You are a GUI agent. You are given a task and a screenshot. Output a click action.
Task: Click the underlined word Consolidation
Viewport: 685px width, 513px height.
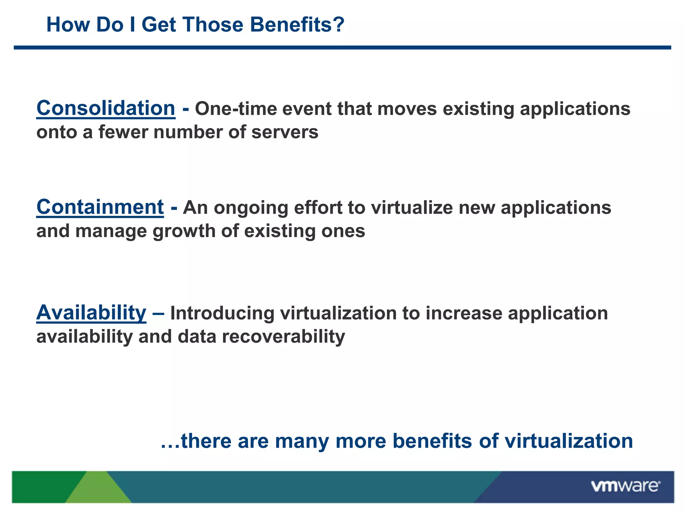coord(106,109)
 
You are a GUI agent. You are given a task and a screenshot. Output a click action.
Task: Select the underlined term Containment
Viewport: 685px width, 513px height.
coord(100,207)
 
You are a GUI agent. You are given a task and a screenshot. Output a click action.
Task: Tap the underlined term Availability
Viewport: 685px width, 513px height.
coord(91,313)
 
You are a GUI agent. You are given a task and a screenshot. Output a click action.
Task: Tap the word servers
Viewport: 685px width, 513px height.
coord(285,132)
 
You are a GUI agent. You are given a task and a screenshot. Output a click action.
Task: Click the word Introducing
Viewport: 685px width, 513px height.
coord(222,313)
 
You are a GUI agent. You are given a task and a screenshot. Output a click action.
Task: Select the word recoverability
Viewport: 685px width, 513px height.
coord(283,336)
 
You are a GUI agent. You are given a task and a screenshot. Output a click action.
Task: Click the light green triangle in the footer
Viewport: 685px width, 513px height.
coord(98,489)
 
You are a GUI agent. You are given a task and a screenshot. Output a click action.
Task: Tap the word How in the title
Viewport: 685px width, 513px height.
coord(68,25)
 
